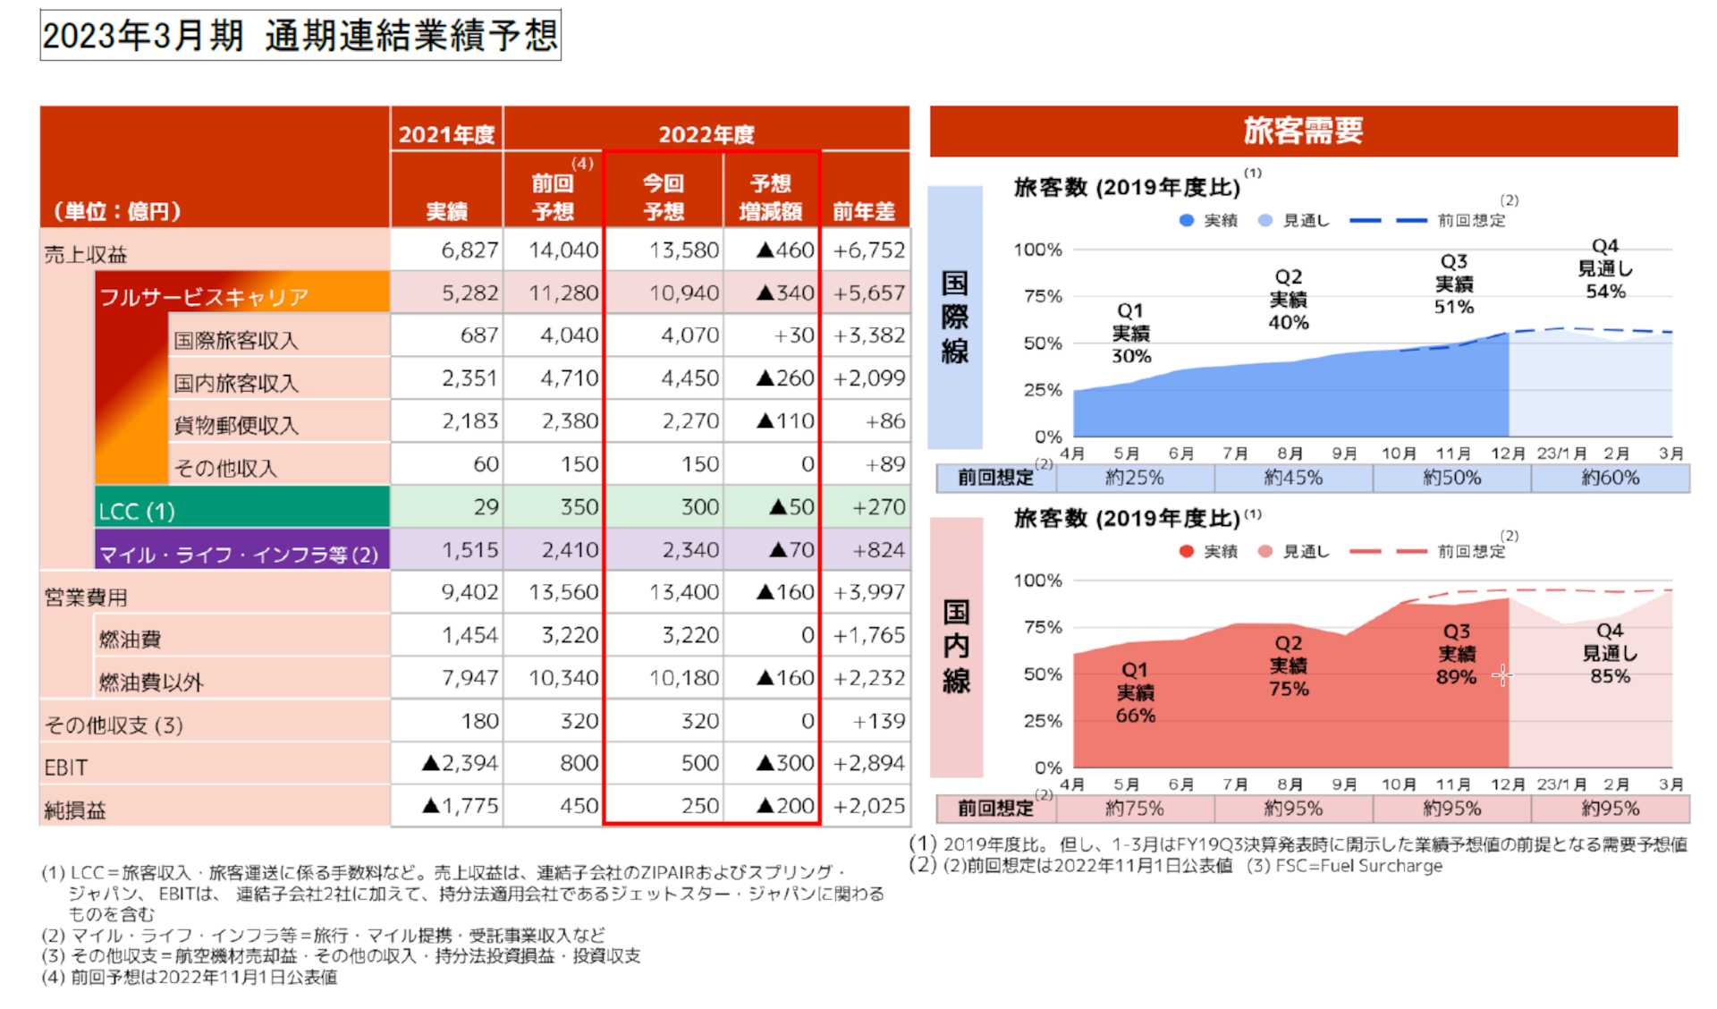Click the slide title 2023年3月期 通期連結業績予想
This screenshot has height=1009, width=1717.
click(x=300, y=36)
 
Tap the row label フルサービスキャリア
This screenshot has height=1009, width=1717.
click(x=204, y=296)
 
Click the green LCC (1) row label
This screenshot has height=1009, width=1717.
click(x=137, y=511)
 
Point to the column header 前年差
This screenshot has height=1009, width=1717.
click(x=863, y=211)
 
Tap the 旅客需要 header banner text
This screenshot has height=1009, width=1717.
click(x=1303, y=131)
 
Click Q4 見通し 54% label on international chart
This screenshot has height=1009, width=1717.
click(x=1605, y=268)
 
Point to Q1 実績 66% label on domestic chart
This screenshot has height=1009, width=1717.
click(x=1135, y=692)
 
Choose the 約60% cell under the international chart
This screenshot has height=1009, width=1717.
click(x=1610, y=478)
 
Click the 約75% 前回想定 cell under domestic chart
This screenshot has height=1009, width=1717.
click(x=1134, y=809)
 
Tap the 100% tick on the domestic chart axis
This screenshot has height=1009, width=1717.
click(x=1037, y=581)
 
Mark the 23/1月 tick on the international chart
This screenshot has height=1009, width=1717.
click(x=1561, y=454)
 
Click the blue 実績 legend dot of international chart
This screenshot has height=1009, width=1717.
click(x=1187, y=220)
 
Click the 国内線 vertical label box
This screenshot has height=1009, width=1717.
click(x=956, y=646)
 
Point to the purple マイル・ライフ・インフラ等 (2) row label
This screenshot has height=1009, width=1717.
click(x=238, y=555)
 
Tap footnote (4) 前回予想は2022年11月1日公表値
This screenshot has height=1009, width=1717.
click(x=190, y=977)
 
